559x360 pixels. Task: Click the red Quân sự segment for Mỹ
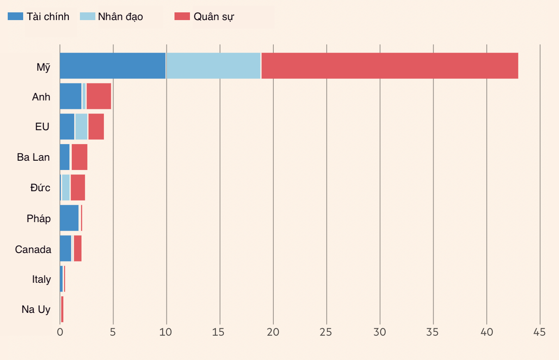click(x=390, y=66)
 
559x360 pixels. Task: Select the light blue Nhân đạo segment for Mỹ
click(x=213, y=66)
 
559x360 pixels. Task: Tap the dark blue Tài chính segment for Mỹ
click(x=113, y=66)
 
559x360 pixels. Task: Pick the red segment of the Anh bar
click(x=99, y=96)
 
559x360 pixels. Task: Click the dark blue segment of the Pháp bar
click(x=69, y=218)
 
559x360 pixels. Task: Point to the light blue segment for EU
click(x=81, y=127)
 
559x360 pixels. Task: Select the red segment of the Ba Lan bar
click(x=80, y=157)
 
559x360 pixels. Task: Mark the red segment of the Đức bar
click(x=78, y=187)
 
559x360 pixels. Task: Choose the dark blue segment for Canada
click(x=66, y=248)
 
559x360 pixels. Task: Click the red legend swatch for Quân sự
click(x=182, y=16)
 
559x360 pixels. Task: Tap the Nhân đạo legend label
click(x=120, y=17)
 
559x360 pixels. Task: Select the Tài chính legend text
click(x=48, y=17)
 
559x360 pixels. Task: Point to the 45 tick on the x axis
click(x=539, y=332)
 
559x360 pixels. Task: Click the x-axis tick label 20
click(x=273, y=332)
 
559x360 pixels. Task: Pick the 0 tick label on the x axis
click(x=60, y=332)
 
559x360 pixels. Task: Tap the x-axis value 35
click(x=433, y=332)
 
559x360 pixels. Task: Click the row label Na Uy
click(x=36, y=309)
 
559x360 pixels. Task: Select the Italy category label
click(x=41, y=279)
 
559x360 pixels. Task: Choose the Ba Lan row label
click(x=33, y=157)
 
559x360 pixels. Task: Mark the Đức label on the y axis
click(x=40, y=188)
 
